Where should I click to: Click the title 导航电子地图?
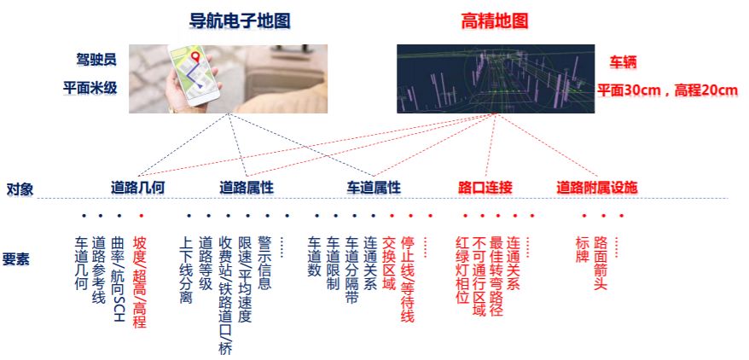241,21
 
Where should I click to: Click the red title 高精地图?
495,21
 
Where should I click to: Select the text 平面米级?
90,88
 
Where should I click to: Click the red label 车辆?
623,62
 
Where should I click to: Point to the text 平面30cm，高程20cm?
668,90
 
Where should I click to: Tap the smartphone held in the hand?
194,75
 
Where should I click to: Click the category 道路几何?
137,188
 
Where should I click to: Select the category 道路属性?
247,188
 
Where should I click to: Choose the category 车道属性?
374,188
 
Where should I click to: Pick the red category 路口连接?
485,188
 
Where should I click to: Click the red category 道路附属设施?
597,188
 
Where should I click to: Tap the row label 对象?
20,189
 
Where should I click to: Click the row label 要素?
16,259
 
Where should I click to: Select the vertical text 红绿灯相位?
464,270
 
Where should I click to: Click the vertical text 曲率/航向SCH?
119,278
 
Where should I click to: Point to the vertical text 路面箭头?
601,263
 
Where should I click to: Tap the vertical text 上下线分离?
185,270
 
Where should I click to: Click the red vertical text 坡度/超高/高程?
139,282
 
